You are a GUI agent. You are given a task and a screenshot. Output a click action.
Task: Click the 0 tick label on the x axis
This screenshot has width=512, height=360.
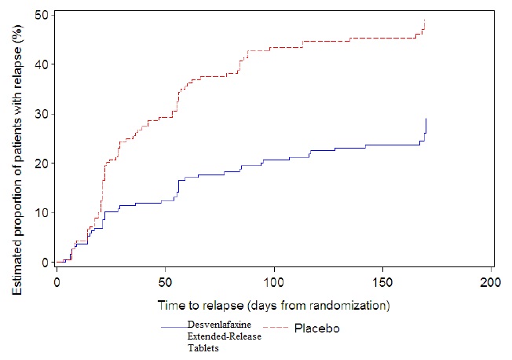pos(57,281)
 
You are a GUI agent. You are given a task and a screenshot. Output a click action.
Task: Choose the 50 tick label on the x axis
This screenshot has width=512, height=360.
pos(165,281)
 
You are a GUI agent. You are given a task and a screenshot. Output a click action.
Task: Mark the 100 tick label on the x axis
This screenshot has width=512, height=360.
pos(274,281)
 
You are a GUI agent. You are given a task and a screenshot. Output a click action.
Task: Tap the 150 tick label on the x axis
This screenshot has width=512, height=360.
pos(382,281)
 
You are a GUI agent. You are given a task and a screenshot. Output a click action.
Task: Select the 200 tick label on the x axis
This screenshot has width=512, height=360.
pos(491,281)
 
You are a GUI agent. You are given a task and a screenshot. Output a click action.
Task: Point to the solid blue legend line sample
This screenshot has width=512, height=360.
pos(173,325)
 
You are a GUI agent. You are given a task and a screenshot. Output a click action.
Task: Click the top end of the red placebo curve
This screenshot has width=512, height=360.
pos(425,20)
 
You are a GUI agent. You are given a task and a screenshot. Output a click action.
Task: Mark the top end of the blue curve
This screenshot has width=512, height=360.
pos(426,119)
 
